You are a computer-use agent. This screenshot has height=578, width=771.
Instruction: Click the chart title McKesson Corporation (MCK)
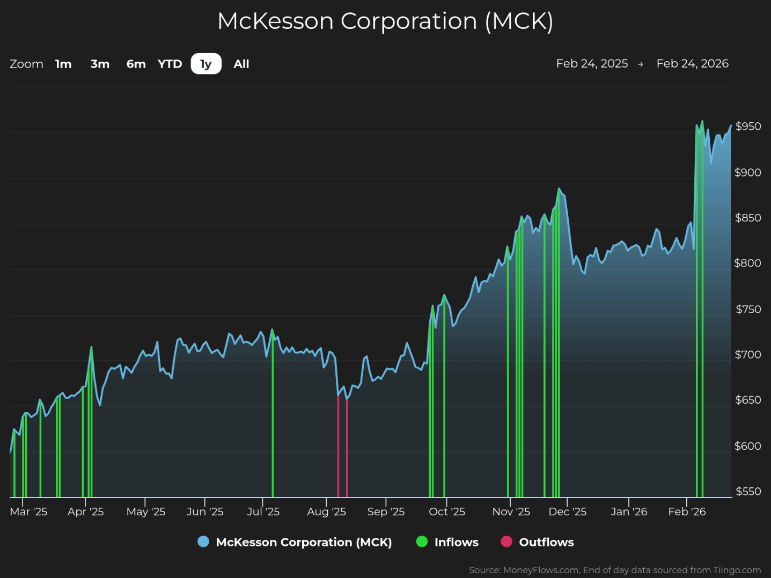[x=385, y=21]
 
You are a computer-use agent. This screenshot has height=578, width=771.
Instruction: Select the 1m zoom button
[x=63, y=64]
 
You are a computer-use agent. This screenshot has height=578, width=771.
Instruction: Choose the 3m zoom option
[x=100, y=64]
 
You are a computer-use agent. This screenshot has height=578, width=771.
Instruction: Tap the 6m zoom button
[x=136, y=64]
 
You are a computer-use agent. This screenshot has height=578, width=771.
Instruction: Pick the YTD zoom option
[x=170, y=64]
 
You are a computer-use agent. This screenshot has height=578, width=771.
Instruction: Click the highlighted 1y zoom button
[x=206, y=64]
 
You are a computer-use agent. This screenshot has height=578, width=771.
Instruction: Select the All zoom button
[x=241, y=64]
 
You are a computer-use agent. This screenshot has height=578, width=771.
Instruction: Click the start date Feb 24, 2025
[x=592, y=64]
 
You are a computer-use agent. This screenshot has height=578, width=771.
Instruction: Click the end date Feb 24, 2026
[x=692, y=64]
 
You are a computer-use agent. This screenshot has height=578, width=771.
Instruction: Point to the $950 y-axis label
[x=748, y=127]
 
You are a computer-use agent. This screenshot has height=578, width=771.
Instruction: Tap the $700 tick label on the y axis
[x=748, y=355]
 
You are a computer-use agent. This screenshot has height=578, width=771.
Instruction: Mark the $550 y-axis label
[x=748, y=492]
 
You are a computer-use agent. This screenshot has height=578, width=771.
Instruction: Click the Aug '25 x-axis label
[x=326, y=512]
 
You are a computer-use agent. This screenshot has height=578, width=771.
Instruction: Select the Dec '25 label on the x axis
[x=567, y=512]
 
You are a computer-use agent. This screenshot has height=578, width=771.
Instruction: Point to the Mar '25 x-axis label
[x=28, y=512]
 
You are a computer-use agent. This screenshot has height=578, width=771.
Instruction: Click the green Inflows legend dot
[x=422, y=542]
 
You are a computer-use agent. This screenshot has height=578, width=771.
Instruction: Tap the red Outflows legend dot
[x=506, y=542]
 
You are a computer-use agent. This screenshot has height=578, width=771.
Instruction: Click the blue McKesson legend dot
[x=203, y=542]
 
